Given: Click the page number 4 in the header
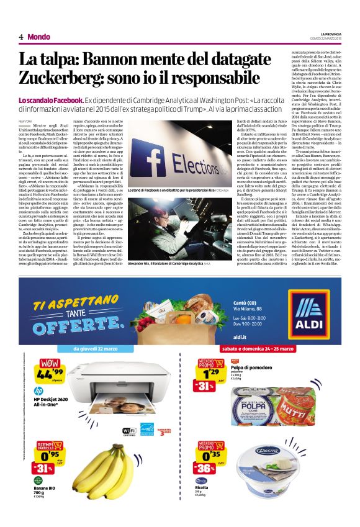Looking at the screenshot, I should [x=21, y=37].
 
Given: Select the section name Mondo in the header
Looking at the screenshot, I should [x=38, y=37].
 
